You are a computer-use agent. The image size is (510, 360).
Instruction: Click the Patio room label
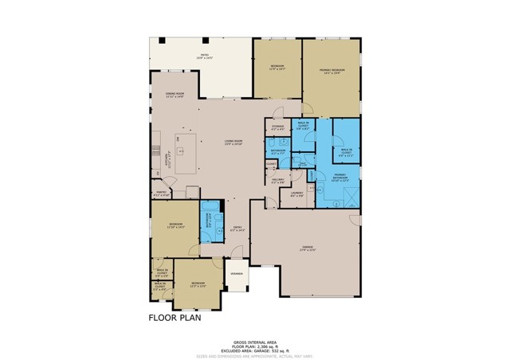(x=206, y=57)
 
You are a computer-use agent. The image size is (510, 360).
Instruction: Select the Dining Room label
(x=175, y=95)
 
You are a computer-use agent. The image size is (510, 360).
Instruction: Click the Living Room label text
(x=233, y=143)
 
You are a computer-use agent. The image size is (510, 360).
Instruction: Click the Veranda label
(x=237, y=273)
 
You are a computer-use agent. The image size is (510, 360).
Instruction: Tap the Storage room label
(x=277, y=127)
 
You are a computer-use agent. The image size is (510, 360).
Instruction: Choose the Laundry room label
(x=296, y=194)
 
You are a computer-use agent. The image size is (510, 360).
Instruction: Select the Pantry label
(x=161, y=193)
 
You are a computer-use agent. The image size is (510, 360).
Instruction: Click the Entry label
(x=237, y=229)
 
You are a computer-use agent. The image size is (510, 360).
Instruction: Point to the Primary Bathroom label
(x=340, y=177)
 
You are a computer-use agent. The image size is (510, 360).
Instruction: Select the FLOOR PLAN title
(x=175, y=316)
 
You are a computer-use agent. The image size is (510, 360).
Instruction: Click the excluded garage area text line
(x=254, y=340)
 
